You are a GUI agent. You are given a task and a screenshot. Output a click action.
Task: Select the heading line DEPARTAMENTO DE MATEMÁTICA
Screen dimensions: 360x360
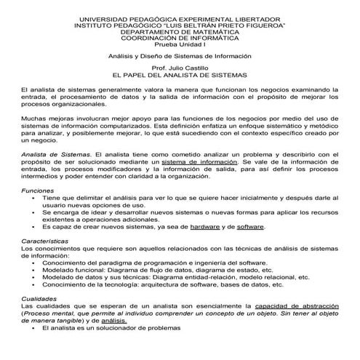pos(180,32)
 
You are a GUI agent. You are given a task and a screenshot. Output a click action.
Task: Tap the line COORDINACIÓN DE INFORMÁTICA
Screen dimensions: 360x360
pos(180,39)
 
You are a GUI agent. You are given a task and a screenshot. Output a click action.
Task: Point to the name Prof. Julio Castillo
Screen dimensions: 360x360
pos(180,67)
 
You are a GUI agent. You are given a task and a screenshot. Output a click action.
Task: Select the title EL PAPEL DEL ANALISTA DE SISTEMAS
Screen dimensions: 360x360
pos(180,74)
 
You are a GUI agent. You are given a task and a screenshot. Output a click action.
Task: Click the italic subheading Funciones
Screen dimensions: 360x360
pos(37,189)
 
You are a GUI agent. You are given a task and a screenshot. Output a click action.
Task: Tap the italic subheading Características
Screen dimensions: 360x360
pos(44,240)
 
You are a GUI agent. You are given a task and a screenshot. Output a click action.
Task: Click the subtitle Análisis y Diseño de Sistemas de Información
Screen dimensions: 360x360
pos(180,55)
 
